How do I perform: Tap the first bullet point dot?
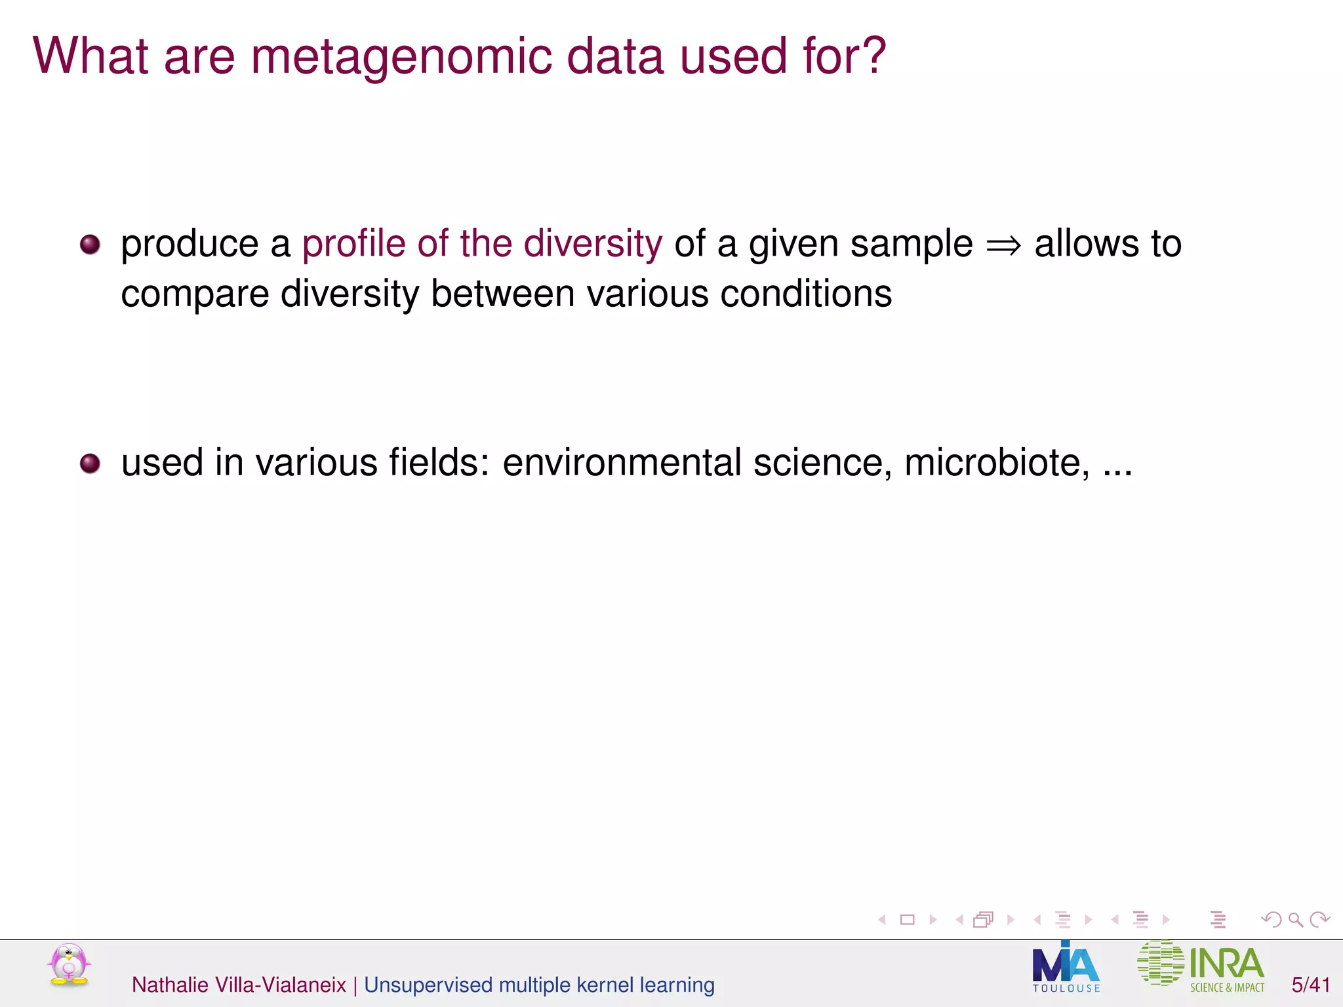(x=90, y=245)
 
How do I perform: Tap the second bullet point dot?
(x=90, y=464)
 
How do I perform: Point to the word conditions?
(x=806, y=293)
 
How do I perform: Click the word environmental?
(x=622, y=463)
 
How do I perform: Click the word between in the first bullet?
(x=502, y=293)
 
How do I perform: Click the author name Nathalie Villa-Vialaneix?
(x=239, y=985)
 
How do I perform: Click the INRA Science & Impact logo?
(x=1201, y=965)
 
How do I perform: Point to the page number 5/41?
(x=1310, y=985)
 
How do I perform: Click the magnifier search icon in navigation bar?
(x=1295, y=920)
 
